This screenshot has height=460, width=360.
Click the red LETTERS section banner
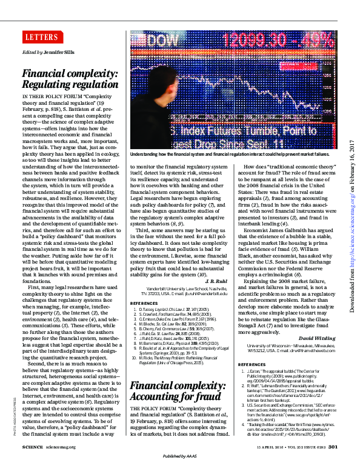(41, 37)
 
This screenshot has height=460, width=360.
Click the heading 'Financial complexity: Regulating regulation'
(70, 79)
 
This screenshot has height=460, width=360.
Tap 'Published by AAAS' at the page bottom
(180, 455)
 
